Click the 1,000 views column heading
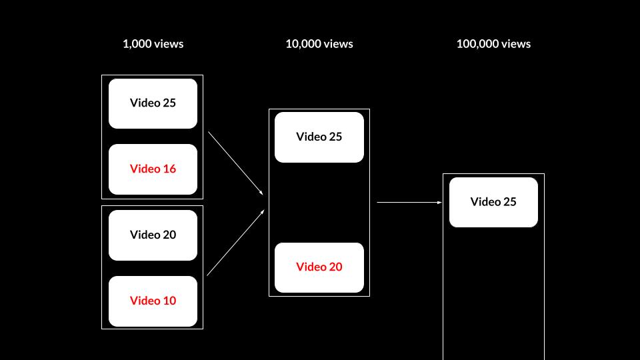[x=153, y=44]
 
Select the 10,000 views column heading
[x=319, y=44]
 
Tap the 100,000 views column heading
[x=493, y=44]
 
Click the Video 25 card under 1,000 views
[x=153, y=103]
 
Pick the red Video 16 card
[x=153, y=169]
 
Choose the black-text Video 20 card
[x=153, y=235]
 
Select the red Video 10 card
[x=153, y=301]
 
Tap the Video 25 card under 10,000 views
[x=319, y=137]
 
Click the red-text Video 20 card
[x=319, y=267]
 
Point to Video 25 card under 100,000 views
[x=493, y=202]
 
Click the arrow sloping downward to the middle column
[x=236, y=163]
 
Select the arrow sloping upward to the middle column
[x=236, y=243]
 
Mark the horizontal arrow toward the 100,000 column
[x=409, y=202]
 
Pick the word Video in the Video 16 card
[x=145, y=169]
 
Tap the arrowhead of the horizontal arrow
[x=439, y=202]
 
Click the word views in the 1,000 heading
[x=169, y=44]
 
